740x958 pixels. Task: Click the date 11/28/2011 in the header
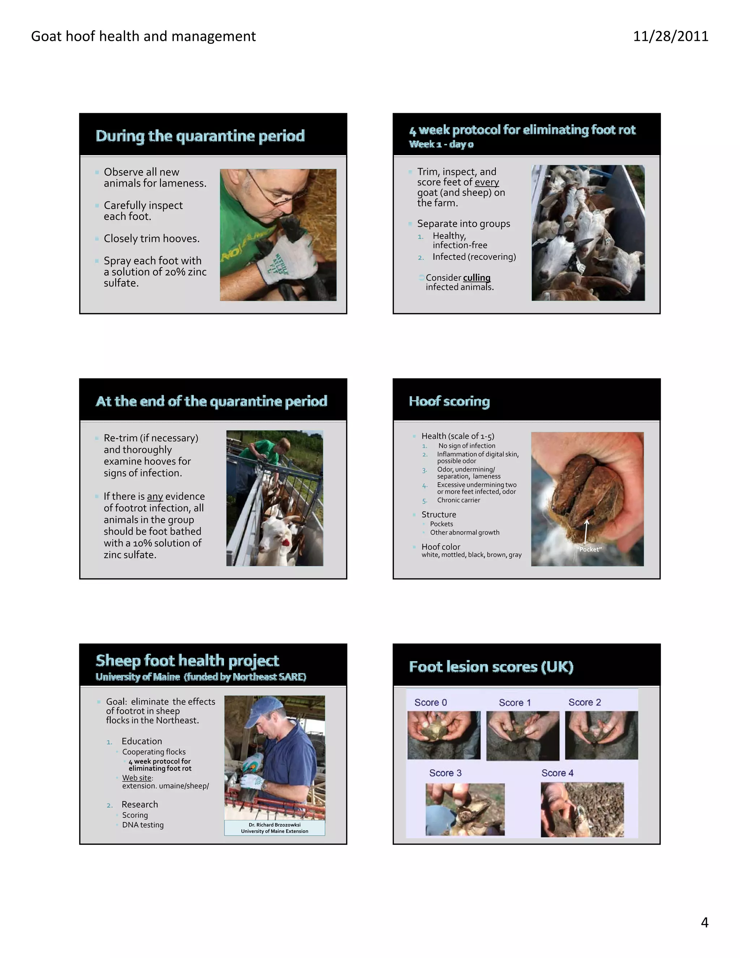click(x=670, y=36)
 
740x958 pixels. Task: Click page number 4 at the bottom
click(x=704, y=923)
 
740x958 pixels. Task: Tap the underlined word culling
click(x=477, y=278)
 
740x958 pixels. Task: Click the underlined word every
click(x=487, y=182)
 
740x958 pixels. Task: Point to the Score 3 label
click(x=445, y=773)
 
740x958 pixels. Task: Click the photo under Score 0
click(x=444, y=735)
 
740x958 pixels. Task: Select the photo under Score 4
click(x=582, y=810)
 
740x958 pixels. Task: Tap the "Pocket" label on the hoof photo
click(x=590, y=549)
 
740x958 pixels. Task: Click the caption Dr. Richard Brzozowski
click(x=275, y=825)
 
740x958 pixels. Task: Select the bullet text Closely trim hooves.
click(x=151, y=239)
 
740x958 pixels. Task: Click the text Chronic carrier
click(x=458, y=500)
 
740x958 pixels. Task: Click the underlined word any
click(x=155, y=497)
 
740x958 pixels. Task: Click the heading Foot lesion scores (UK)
click(x=491, y=667)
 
